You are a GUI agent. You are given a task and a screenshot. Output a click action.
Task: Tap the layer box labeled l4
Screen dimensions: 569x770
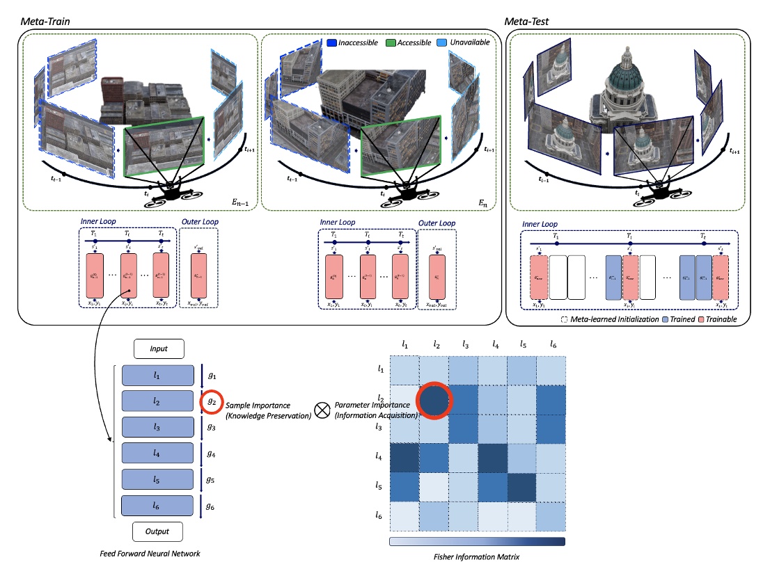(x=157, y=454)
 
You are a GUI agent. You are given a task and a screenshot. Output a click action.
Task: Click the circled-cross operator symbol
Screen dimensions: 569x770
(x=322, y=410)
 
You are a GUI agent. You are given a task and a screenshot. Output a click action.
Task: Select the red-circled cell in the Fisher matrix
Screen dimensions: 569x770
(x=434, y=401)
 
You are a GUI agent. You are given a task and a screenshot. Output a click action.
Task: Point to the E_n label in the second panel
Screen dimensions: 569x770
(x=482, y=203)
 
